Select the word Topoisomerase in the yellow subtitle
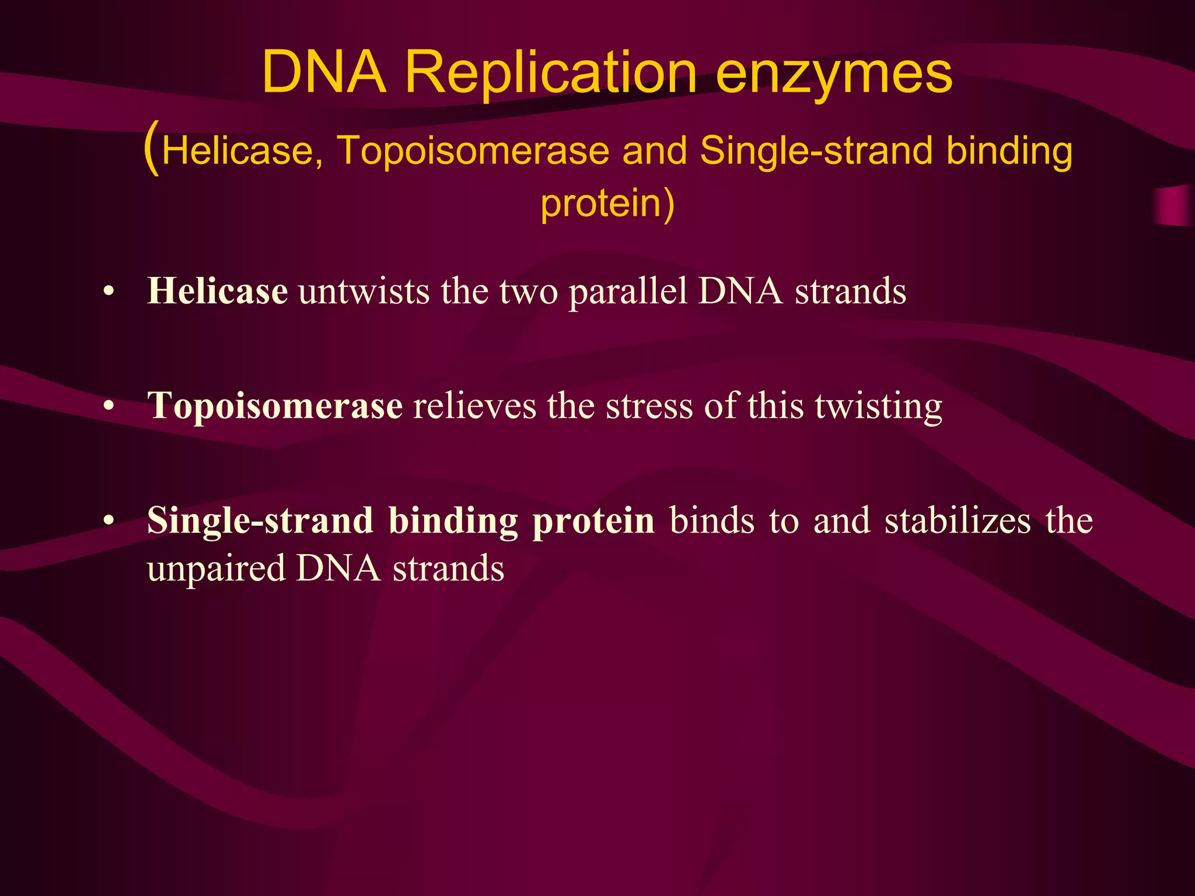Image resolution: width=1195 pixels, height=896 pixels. click(473, 150)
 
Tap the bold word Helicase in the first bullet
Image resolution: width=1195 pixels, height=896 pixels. click(217, 290)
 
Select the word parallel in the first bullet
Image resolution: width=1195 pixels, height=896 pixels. click(628, 290)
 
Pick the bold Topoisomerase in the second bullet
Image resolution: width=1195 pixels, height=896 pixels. click(275, 405)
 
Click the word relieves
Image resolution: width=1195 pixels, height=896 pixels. click(474, 405)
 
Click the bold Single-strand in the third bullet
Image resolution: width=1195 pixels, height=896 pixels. click(260, 520)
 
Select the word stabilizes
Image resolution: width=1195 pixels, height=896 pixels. click(958, 520)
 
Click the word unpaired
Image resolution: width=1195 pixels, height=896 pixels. click(216, 569)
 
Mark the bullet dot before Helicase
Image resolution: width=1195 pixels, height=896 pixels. click(108, 292)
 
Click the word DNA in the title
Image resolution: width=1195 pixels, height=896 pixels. click(324, 73)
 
